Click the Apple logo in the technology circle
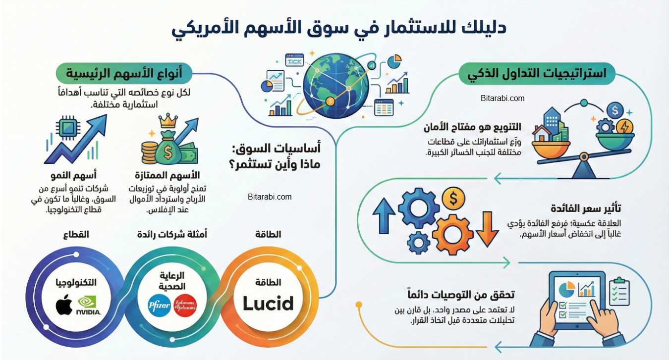[64, 304]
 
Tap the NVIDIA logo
[88, 306]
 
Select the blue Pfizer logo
[160, 305]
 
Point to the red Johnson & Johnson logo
[185, 305]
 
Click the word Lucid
[268, 303]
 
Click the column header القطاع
[76, 234]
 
